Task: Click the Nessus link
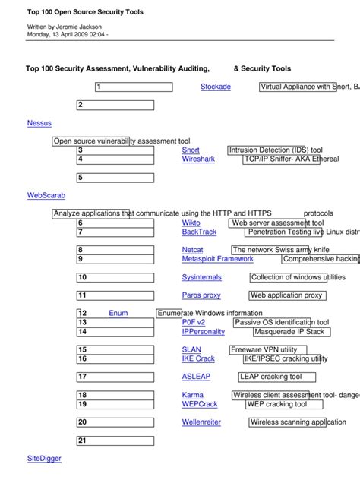[x=39, y=123]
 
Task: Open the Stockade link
[x=215, y=87]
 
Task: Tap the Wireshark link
[x=198, y=159]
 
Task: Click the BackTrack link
[x=199, y=232]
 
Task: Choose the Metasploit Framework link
[x=217, y=259]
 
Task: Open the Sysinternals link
[x=201, y=278]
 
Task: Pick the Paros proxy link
[x=201, y=295]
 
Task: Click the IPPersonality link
[x=204, y=332]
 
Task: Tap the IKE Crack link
[x=198, y=358]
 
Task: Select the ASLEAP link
[x=196, y=377]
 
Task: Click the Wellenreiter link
[x=201, y=422]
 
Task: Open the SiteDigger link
[x=44, y=459]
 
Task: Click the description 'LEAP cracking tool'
[x=271, y=377]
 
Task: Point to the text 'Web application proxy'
[x=286, y=295]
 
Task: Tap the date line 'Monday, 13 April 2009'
[x=65, y=34]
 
